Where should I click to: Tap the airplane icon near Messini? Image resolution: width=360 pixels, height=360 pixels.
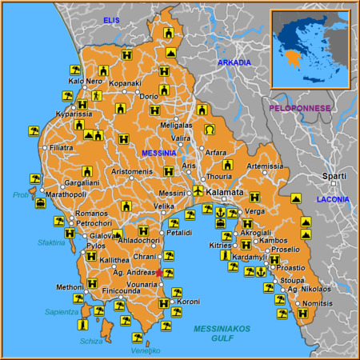coord(198,190)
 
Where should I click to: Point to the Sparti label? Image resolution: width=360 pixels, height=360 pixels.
coord(334,176)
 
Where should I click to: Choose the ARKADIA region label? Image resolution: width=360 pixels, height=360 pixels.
coord(234,62)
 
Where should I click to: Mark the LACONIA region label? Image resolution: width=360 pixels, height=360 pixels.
coord(333,198)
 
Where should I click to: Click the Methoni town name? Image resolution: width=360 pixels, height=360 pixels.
coord(70,286)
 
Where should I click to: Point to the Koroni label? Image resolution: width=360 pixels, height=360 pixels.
coord(188,302)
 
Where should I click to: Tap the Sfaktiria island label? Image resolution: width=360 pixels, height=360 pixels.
coord(50,242)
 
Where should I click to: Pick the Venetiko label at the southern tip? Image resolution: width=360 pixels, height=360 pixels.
coord(146,350)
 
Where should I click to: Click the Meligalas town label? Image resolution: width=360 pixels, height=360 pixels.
coord(176,126)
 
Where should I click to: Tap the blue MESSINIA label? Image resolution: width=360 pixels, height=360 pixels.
coord(158,153)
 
